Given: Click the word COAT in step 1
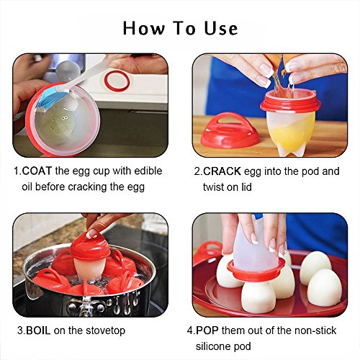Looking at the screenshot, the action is [x=37, y=171].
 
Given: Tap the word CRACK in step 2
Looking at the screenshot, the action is [x=222, y=171].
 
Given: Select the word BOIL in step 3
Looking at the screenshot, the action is [x=38, y=330].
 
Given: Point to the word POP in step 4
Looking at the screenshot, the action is [x=207, y=330].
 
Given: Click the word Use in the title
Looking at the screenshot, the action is [x=221, y=28].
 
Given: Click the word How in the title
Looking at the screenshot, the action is [x=144, y=28].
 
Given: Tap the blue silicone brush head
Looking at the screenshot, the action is [x=48, y=97].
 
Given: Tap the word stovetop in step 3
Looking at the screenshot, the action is [x=105, y=330].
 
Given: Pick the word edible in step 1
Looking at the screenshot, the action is [x=148, y=171].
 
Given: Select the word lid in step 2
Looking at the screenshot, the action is [x=246, y=187].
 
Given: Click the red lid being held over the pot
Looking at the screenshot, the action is [x=90, y=246].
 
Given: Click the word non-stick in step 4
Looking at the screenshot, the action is [x=315, y=330].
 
